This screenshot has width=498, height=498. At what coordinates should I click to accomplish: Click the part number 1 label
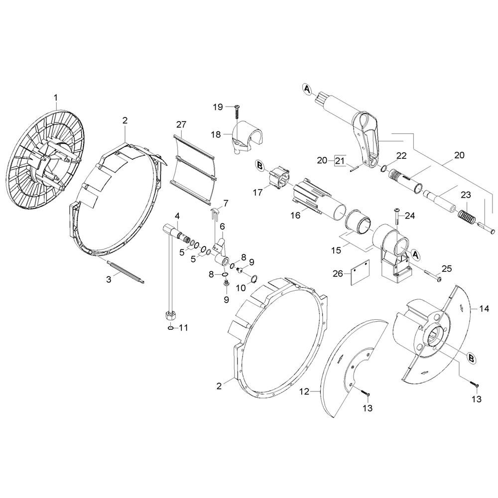(56, 98)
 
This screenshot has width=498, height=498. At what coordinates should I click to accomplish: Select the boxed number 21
(340, 161)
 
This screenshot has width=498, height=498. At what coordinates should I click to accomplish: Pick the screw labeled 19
(237, 112)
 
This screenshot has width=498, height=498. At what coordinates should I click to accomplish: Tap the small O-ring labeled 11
(170, 328)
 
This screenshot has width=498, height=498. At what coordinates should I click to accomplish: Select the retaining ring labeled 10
(254, 279)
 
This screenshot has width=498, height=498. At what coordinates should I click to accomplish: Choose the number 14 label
(484, 308)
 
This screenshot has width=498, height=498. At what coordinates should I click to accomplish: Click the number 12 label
(304, 391)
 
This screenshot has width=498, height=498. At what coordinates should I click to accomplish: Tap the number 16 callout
(295, 216)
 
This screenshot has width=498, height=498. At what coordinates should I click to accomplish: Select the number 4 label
(177, 216)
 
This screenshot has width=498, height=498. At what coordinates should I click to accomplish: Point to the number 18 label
(216, 134)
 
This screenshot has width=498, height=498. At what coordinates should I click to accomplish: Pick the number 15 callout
(336, 250)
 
